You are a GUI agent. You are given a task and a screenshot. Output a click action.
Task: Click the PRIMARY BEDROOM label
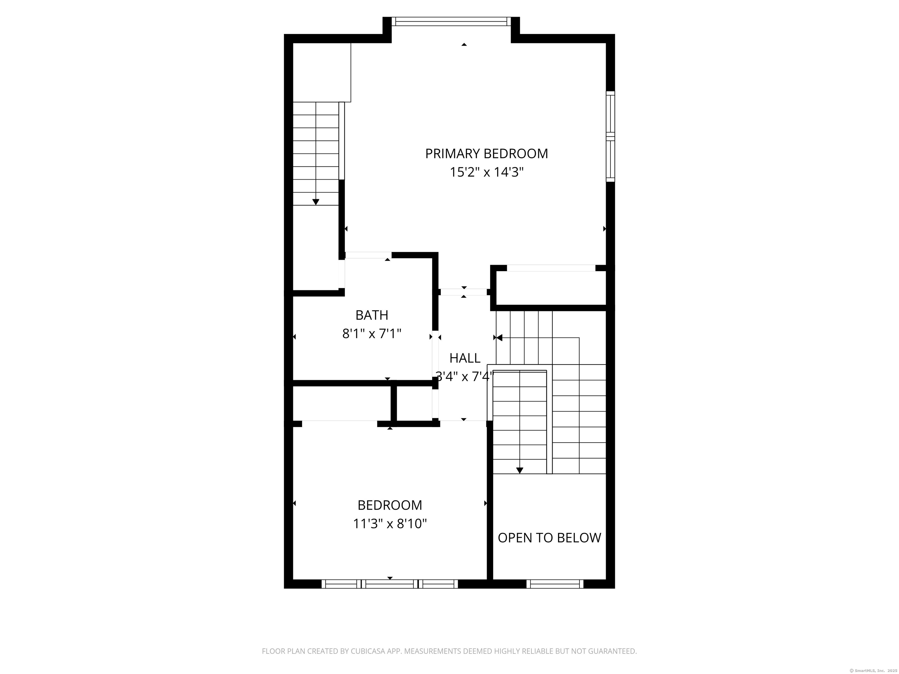pos(486,154)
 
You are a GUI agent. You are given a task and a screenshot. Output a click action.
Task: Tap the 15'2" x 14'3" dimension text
pos(486,173)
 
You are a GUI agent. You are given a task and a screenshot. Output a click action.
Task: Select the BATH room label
pos(371,315)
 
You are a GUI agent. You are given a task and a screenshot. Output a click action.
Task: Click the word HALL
pos(464,358)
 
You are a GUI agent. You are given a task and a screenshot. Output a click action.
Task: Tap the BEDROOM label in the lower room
pos(389,505)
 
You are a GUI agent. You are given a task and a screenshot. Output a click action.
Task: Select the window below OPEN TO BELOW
pos(555,584)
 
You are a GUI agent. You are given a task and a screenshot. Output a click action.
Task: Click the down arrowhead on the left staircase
pos(316,202)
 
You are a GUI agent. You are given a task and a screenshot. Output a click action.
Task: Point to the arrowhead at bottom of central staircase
pos(519,470)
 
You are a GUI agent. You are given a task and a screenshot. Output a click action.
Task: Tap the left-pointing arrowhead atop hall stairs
pos(499,338)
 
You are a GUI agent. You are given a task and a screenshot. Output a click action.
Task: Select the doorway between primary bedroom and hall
pos(464,292)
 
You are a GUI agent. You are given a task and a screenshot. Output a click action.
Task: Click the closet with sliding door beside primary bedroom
pos(551,288)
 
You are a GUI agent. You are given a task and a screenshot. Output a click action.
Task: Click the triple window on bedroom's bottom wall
pos(389,584)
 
